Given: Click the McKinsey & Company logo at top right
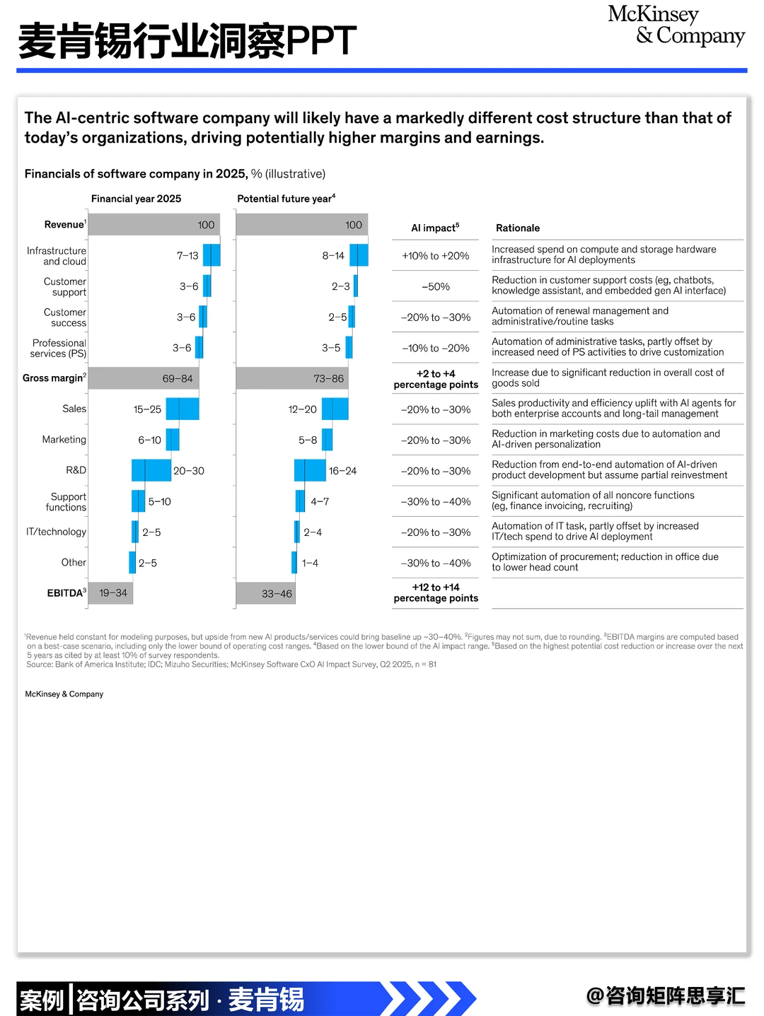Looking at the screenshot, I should coord(676,25).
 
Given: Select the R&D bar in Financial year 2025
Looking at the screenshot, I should coord(151,470).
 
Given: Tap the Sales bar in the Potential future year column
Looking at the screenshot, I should coord(335,409).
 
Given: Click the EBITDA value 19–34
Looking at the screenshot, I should coord(113,593).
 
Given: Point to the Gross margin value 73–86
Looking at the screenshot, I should coord(328,378).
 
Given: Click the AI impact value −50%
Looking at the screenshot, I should coord(436,286).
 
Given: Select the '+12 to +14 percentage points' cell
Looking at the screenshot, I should coord(436,592).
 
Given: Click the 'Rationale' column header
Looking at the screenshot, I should coord(517,228).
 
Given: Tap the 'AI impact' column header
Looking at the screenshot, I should coord(435,228).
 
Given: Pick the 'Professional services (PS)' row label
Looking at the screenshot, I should coord(59,348).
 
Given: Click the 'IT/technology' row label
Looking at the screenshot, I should coord(56,532).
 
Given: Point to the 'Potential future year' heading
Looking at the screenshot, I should coord(286,199).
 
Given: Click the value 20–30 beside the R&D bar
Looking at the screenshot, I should coord(188,471).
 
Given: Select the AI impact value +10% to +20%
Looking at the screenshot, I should coord(436,256).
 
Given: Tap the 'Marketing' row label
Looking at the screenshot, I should coord(64,440).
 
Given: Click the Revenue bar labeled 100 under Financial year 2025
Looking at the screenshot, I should coord(154,225).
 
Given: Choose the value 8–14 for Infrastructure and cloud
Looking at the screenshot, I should coord(333,256).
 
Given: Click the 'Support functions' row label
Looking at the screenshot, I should coord(66,502).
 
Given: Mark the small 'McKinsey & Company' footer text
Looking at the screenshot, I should coord(64,694).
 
